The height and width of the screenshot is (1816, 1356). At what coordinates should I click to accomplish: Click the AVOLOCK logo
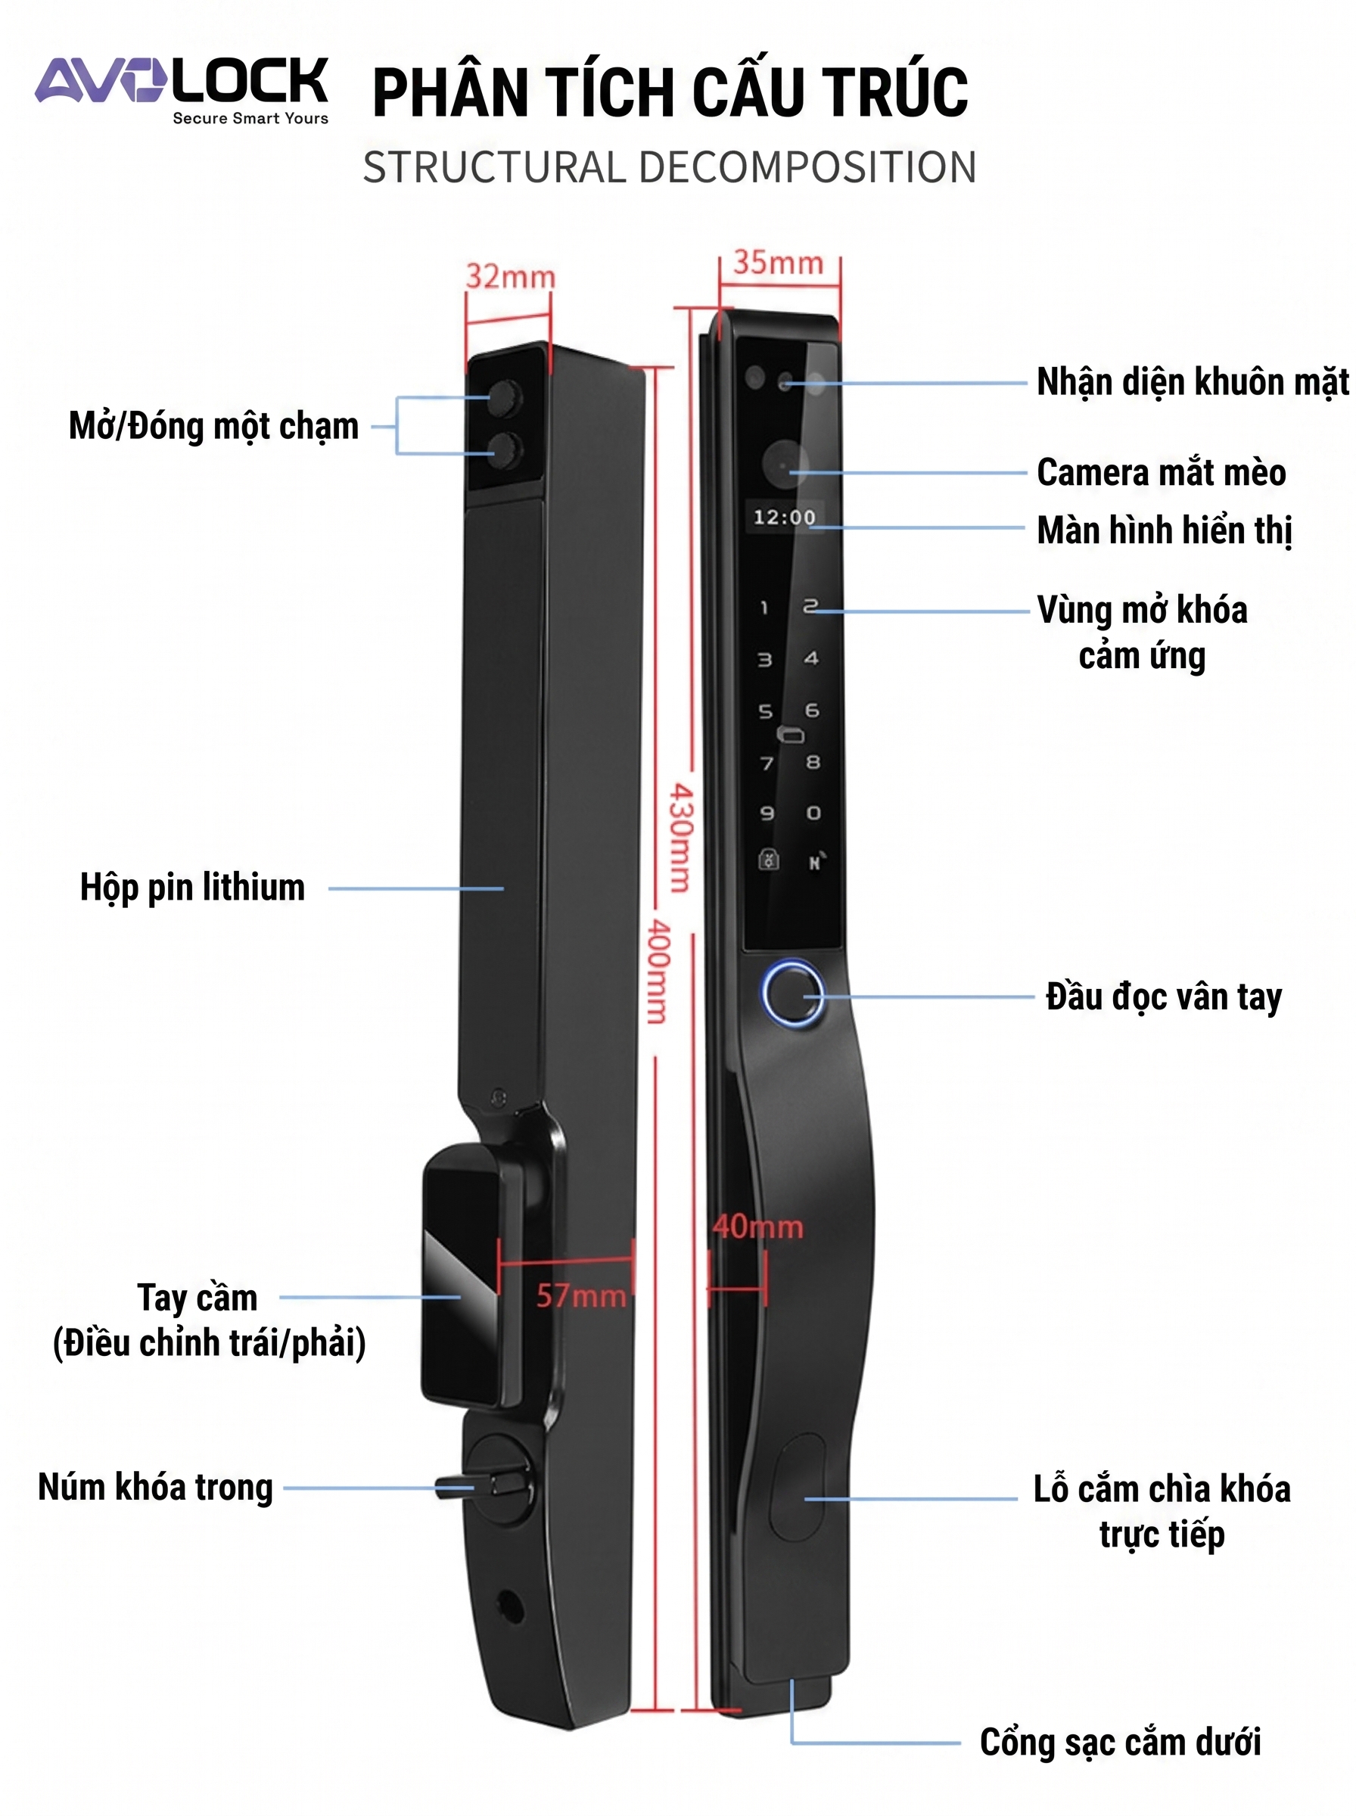(x=182, y=89)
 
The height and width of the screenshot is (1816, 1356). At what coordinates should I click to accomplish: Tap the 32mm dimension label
(x=511, y=276)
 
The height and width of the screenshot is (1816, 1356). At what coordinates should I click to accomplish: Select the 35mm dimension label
(x=778, y=263)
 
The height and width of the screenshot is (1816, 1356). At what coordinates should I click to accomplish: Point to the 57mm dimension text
(x=581, y=1295)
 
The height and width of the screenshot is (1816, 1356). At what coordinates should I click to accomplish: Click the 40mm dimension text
(x=757, y=1227)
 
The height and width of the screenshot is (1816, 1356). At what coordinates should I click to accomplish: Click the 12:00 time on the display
(x=785, y=517)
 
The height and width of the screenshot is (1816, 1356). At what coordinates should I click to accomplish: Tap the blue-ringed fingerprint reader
(x=792, y=993)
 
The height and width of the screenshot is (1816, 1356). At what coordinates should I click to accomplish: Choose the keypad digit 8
(x=813, y=761)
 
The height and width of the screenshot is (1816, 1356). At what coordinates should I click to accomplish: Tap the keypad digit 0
(x=813, y=813)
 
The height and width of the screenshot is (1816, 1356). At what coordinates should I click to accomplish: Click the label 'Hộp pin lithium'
(x=192, y=888)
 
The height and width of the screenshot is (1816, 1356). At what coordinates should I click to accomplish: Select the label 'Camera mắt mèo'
(x=1162, y=473)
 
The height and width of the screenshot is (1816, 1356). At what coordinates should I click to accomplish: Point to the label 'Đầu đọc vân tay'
(x=1164, y=998)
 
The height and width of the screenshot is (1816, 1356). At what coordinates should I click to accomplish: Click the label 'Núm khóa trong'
(x=155, y=1488)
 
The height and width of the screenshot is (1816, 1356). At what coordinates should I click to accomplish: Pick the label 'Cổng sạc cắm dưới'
(x=1121, y=1742)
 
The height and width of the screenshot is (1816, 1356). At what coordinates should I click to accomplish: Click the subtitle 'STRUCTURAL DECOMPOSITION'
(x=670, y=167)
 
